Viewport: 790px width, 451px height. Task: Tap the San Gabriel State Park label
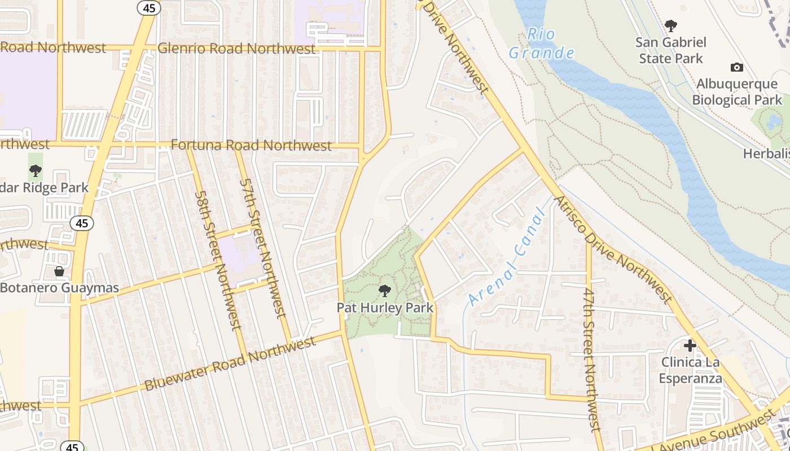coord(670,50)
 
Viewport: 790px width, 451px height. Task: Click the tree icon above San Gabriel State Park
coord(670,25)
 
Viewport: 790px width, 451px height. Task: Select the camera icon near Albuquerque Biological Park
coord(736,68)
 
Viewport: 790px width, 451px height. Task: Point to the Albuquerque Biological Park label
coord(736,92)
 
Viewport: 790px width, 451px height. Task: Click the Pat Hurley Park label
coord(385,308)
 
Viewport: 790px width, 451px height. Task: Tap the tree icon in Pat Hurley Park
coord(385,291)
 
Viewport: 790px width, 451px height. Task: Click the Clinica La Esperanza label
coord(690,370)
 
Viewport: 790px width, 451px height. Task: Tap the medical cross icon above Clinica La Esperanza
coord(690,346)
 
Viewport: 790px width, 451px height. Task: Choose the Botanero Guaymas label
coord(59,288)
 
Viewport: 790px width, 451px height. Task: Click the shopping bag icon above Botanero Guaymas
coord(59,272)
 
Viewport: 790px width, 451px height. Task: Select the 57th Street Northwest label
coord(264,248)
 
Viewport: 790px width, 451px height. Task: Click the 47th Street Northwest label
coord(590,361)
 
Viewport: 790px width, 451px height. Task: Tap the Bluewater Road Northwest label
coord(230,364)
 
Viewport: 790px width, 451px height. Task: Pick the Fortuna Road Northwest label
coord(251,145)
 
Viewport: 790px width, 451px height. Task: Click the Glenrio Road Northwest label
coord(236,48)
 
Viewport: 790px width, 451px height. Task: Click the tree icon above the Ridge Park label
coord(36,170)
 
